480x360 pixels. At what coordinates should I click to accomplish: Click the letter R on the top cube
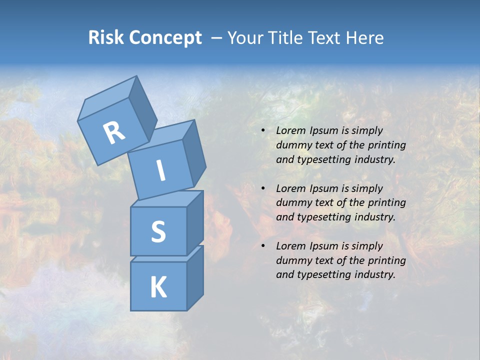point(114,133)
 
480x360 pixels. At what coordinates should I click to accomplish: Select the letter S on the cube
point(158,231)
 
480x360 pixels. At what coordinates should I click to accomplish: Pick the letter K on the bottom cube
point(158,287)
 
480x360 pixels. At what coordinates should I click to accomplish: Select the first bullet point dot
point(262,131)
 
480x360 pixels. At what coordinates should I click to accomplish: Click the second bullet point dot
point(262,188)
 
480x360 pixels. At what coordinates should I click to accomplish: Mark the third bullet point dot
point(262,246)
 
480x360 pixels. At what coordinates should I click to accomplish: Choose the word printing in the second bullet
point(386,202)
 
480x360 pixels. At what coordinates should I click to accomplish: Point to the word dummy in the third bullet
point(292,260)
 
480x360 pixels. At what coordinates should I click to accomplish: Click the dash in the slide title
point(217,37)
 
